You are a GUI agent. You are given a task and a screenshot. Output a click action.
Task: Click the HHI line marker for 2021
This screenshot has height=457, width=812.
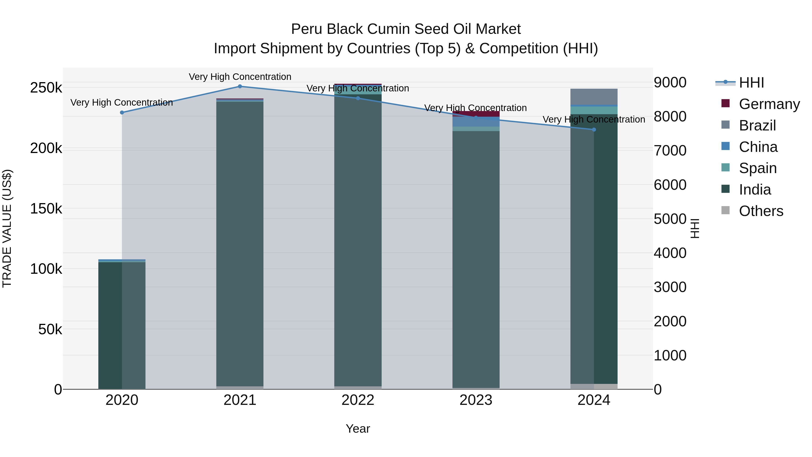coord(240,86)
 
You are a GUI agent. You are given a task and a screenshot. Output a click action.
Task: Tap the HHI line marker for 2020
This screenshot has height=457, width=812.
coord(122,113)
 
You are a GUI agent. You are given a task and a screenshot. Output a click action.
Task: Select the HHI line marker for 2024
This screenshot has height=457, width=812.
coord(594,130)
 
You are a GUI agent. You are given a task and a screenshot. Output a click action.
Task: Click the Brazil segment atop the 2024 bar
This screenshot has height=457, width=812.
coord(594,97)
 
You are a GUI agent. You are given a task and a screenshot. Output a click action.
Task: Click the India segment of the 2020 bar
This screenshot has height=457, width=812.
coord(122,325)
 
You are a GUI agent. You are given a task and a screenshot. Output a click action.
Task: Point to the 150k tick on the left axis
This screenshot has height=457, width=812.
coord(46,209)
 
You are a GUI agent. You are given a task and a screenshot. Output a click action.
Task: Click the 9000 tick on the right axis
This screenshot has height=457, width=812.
coord(670,82)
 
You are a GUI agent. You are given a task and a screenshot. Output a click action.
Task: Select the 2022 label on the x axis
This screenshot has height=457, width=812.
coord(358,400)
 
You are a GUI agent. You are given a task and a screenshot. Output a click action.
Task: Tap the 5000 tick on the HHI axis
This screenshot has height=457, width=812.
coord(670,219)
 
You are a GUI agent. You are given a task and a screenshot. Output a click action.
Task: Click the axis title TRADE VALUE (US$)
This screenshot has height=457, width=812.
coord(7,228)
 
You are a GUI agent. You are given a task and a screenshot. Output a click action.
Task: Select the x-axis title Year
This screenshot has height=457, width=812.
coord(358,429)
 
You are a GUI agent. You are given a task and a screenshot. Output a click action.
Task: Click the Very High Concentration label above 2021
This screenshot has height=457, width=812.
coord(240,77)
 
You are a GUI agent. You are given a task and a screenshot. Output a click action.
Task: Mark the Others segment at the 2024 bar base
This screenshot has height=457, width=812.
coord(594,386)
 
